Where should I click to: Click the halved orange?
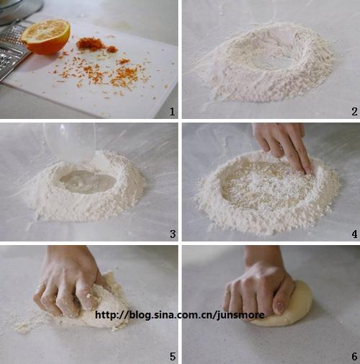point(46,37)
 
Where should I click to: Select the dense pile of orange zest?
point(90,44)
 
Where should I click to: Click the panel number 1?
point(172,112)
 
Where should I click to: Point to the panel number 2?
point(354,112)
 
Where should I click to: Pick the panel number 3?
point(173,234)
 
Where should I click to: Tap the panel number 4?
point(354,234)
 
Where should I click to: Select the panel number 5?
point(173,357)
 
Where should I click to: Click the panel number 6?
point(354,357)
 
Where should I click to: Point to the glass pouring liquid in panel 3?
point(70,142)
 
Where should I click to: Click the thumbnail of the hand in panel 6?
point(279,307)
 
